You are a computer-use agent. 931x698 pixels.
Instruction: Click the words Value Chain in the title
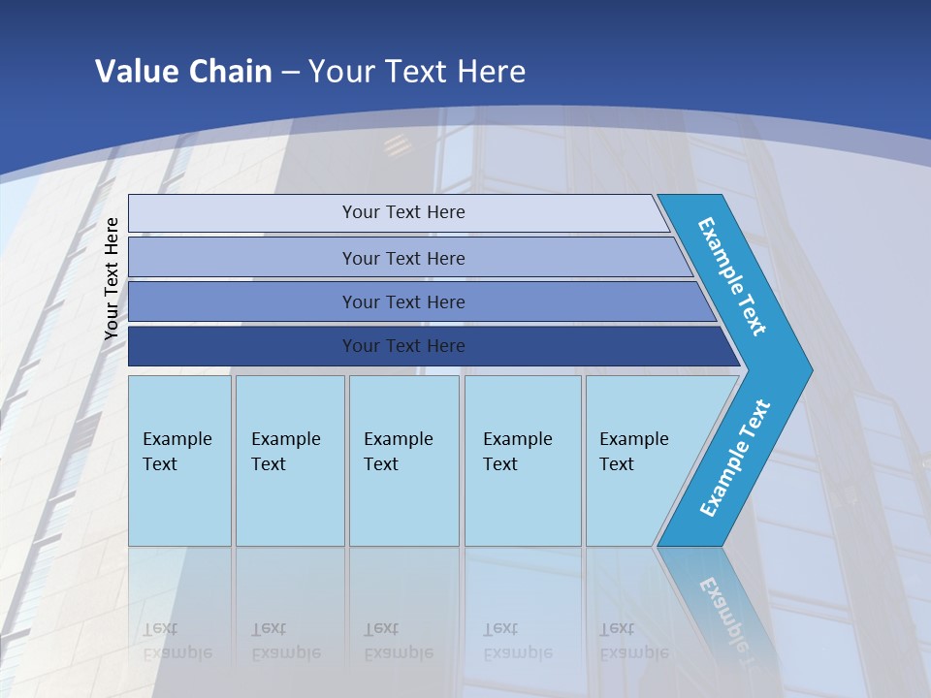pos(183,72)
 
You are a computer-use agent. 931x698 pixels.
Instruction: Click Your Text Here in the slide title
pos(417,72)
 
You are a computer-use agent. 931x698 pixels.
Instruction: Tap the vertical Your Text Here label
pos(112,278)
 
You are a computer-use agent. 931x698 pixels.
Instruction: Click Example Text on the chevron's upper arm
pos(732,276)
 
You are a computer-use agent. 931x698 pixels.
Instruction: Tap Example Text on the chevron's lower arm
pos(735,458)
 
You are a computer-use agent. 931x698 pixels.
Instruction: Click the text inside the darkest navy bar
pos(403,346)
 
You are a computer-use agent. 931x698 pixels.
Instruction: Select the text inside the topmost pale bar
pos(403,212)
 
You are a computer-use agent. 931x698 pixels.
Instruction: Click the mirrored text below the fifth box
pos(633,641)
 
